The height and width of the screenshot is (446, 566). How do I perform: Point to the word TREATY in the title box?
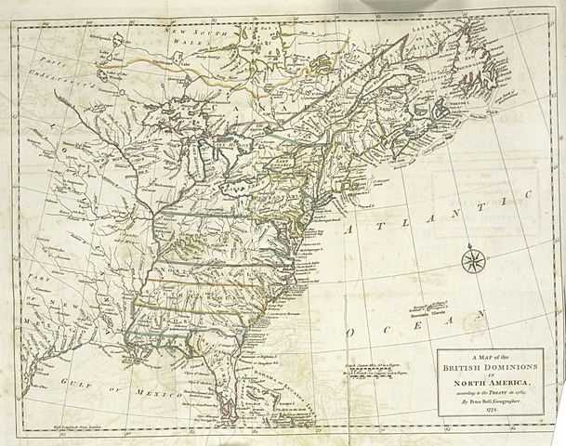[490, 397]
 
